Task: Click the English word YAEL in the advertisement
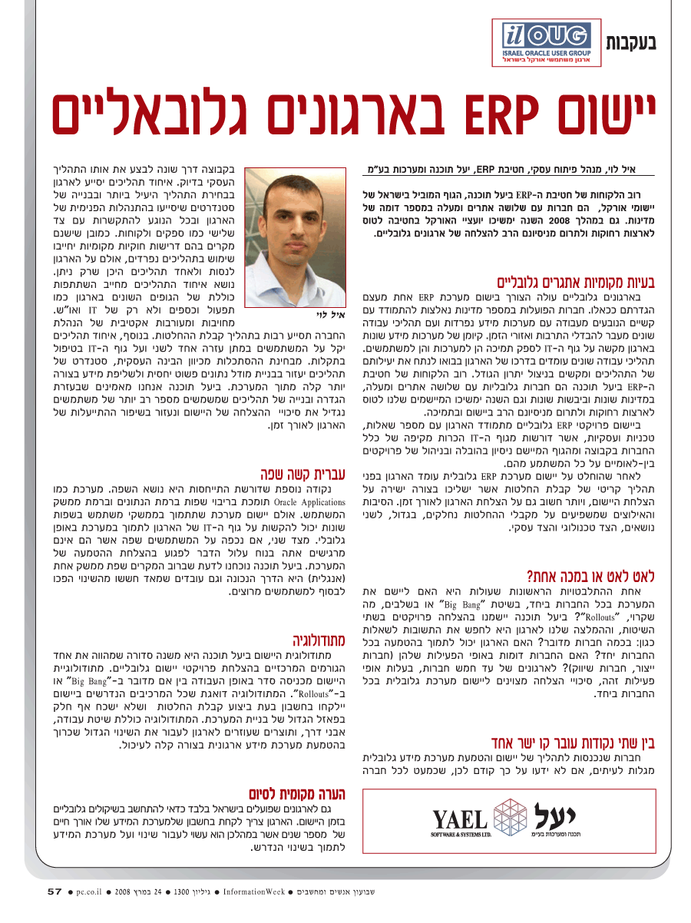pyautogui.click(x=459, y=819)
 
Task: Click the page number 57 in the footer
pyautogui.click(x=54, y=892)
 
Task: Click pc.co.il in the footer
pyautogui.click(x=91, y=892)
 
